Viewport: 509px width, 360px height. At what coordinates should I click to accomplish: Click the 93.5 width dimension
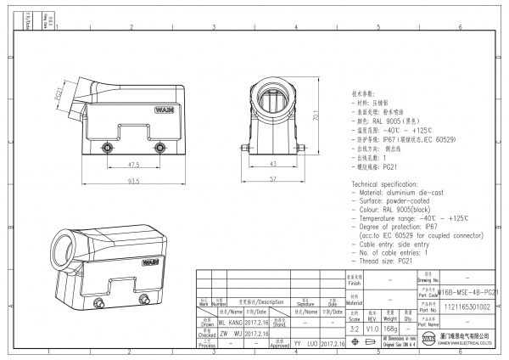[134, 181]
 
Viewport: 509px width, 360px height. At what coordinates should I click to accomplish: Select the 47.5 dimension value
[134, 164]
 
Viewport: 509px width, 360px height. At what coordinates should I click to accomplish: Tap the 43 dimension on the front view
[274, 163]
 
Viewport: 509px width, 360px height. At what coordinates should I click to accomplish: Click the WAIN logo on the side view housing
[164, 110]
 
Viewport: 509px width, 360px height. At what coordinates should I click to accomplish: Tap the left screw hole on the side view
[107, 148]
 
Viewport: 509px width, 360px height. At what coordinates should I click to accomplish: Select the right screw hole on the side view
[159, 148]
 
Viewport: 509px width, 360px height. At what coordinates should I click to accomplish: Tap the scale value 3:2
[354, 328]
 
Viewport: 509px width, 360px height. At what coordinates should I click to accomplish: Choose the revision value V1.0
[372, 328]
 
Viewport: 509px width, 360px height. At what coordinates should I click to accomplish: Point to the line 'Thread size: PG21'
[383, 262]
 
